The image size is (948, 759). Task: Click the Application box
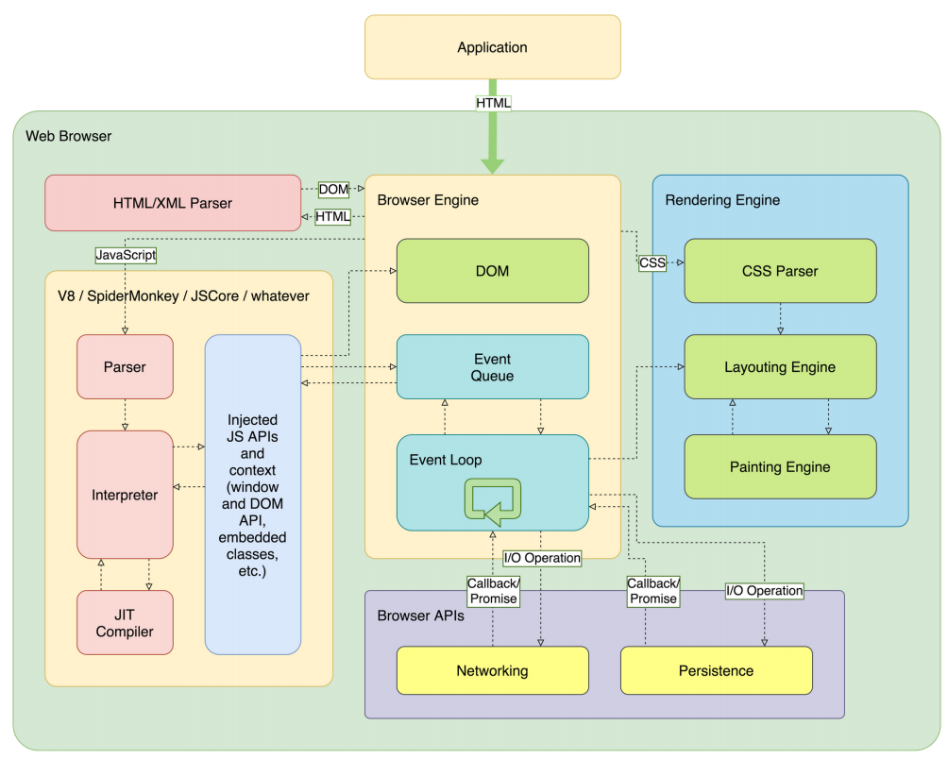492,47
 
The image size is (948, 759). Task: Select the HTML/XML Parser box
173,203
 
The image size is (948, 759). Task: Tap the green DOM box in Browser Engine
492,271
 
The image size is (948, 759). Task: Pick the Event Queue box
492,367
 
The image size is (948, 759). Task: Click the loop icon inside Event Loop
492,500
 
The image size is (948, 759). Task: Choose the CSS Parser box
780,271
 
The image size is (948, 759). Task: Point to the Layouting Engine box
780,367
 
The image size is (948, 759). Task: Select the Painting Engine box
780,466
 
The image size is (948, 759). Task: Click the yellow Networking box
492,671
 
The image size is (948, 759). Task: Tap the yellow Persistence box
716,671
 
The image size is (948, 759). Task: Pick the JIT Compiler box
125,622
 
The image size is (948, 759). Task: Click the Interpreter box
125,495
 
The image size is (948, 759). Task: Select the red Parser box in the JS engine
125,366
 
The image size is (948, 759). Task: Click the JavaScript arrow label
126,254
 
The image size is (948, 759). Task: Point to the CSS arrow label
652,263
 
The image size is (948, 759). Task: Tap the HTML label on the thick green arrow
493,102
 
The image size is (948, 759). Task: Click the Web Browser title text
68,136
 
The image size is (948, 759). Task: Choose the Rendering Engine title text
722,200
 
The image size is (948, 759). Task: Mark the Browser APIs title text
420,616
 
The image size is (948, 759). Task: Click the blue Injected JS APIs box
252,495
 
